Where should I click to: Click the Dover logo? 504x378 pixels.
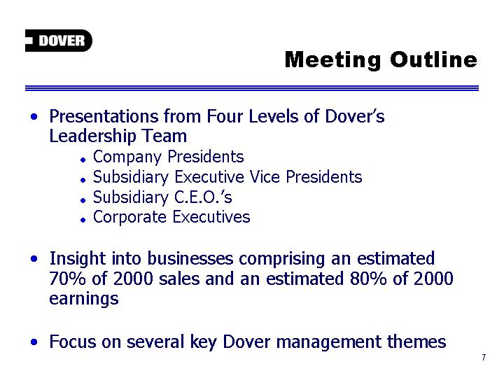click(59, 41)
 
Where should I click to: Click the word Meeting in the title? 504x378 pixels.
click(333, 60)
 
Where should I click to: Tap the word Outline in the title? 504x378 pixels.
click(434, 59)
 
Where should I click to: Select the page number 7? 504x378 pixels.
click(484, 358)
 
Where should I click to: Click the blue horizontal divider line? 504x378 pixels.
click(252, 88)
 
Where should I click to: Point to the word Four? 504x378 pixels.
click(225, 116)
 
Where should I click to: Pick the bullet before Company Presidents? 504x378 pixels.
click(83, 160)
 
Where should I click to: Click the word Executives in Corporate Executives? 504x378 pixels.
click(211, 217)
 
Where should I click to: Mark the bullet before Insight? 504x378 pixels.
click(34, 258)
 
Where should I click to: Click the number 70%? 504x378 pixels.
click(67, 279)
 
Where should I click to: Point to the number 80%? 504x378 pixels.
click(368, 279)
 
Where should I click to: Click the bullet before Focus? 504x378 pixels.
click(34, 342)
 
